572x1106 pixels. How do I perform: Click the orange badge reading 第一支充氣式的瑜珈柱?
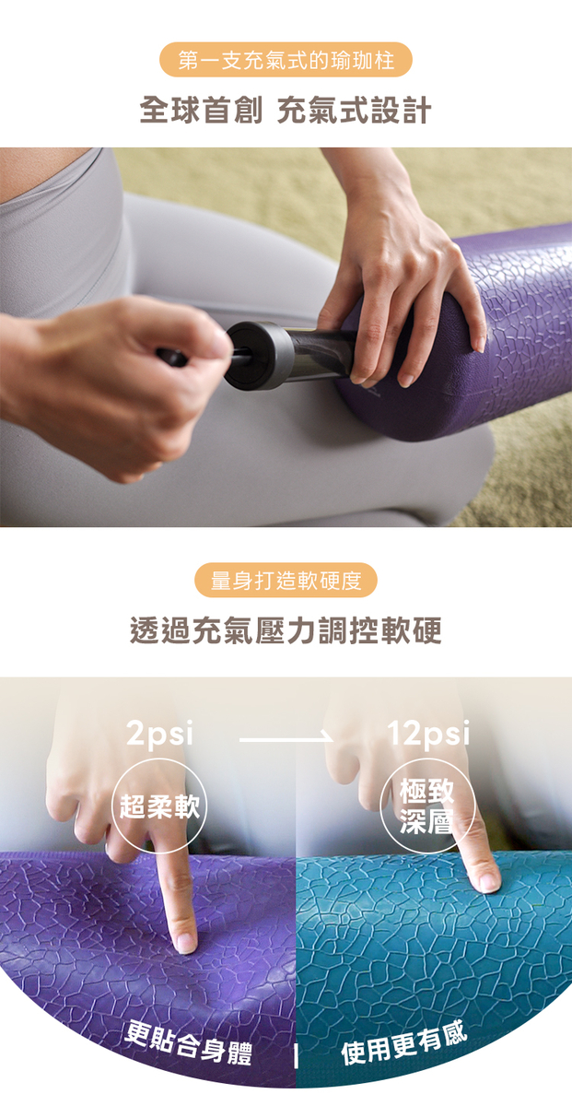click(286, 60)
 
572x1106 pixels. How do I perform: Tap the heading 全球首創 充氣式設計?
click(286, 110)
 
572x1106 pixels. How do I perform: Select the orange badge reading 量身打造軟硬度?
click(286, 580)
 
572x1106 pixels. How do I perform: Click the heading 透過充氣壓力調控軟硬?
click(286, 630)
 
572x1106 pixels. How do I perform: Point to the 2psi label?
click(160, 734)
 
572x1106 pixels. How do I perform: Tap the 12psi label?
click(428, 734)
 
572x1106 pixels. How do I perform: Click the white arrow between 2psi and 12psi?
click(286, 739)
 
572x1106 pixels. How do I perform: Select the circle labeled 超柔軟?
click(159, 805)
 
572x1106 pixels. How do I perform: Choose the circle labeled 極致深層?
click(426, 806)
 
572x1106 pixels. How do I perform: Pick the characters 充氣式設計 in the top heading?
click(355, 110)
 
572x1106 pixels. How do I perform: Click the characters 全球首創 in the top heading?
click(201, 110)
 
